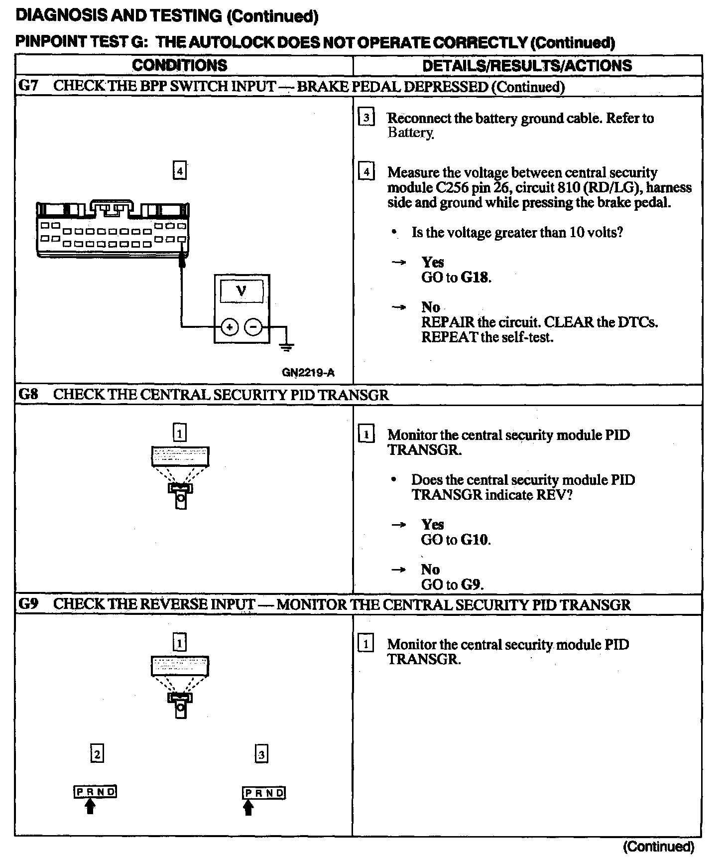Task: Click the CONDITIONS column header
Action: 179,65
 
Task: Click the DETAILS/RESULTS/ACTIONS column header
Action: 527,65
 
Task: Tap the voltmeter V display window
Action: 242,290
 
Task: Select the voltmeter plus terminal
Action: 229,327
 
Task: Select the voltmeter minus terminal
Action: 253,327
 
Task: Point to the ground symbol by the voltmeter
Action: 287,347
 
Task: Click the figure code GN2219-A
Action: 308,372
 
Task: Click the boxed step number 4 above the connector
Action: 180,171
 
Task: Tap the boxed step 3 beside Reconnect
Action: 366,118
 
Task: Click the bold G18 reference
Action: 475,278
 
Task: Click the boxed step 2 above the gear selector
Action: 97,754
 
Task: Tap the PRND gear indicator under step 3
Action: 264,793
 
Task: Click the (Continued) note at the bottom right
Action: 658,847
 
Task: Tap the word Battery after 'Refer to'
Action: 410,133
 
